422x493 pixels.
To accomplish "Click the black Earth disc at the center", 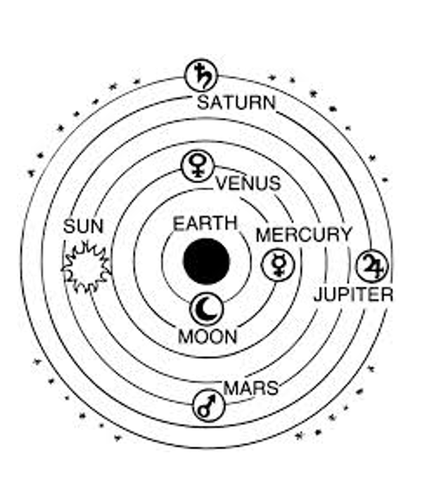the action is pos(206,261).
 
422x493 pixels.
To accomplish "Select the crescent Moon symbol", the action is pos(207,307).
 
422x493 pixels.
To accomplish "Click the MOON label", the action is pos(207,336).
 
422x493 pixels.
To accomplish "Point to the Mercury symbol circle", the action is pos(274,265).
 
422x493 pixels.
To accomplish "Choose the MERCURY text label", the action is pos(303,235).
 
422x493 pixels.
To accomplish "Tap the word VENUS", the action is pos(248,184).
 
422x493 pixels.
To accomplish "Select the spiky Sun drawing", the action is pos(87,267).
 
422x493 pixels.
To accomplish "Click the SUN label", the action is pos(83,227).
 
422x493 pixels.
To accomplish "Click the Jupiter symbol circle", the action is pos(370,265).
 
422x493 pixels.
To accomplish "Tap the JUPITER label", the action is pos(353,294).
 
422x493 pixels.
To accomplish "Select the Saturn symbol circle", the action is pos(201,74).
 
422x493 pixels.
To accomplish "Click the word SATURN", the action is pos(236,103).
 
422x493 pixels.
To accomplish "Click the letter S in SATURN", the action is pos(203,103).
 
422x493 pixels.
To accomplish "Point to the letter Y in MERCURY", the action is pos(344,235).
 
